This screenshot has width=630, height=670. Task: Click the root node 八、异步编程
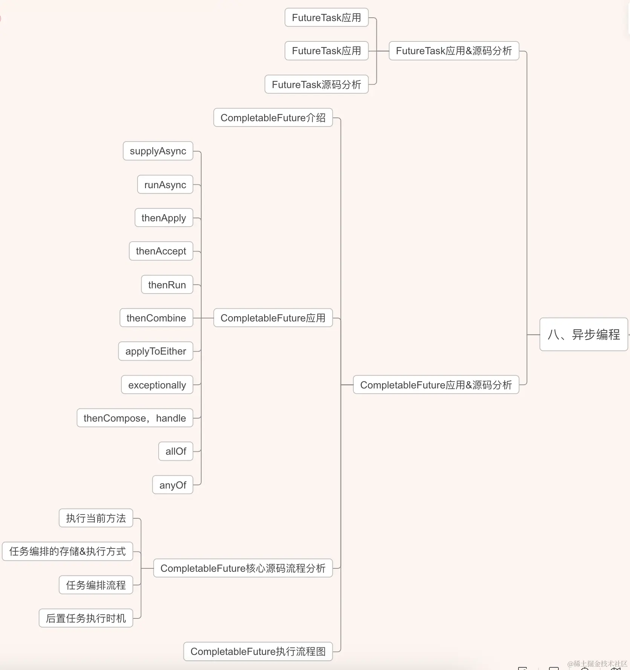click(583, 334)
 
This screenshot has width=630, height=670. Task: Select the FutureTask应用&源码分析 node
click(454, 51)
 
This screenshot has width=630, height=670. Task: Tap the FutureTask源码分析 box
click(317, 84)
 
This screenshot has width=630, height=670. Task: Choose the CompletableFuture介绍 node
click(273, 118)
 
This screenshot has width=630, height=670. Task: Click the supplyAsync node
click(158, 151)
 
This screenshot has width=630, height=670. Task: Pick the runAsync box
click(165, 184)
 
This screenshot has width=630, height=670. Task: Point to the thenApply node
click(164, 218)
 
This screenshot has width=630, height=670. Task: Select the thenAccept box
click(161, 251)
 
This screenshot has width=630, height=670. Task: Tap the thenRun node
click(167, 285)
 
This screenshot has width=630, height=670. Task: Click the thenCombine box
click(156, 318)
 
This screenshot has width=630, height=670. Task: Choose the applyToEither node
click(156, 351)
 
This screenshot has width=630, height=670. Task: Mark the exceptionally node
click(157, 385)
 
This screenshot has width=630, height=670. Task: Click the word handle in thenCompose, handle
click(171, 418)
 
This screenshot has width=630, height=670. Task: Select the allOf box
click(176, 451)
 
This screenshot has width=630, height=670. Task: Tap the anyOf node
click(173, 485)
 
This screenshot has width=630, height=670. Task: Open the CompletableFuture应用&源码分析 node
click(436, 385)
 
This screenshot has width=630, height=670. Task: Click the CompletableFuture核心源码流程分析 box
click(243, 568)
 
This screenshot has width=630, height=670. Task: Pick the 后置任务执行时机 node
click(86, 618)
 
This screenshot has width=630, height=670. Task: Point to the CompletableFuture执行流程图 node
click(258, 652)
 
